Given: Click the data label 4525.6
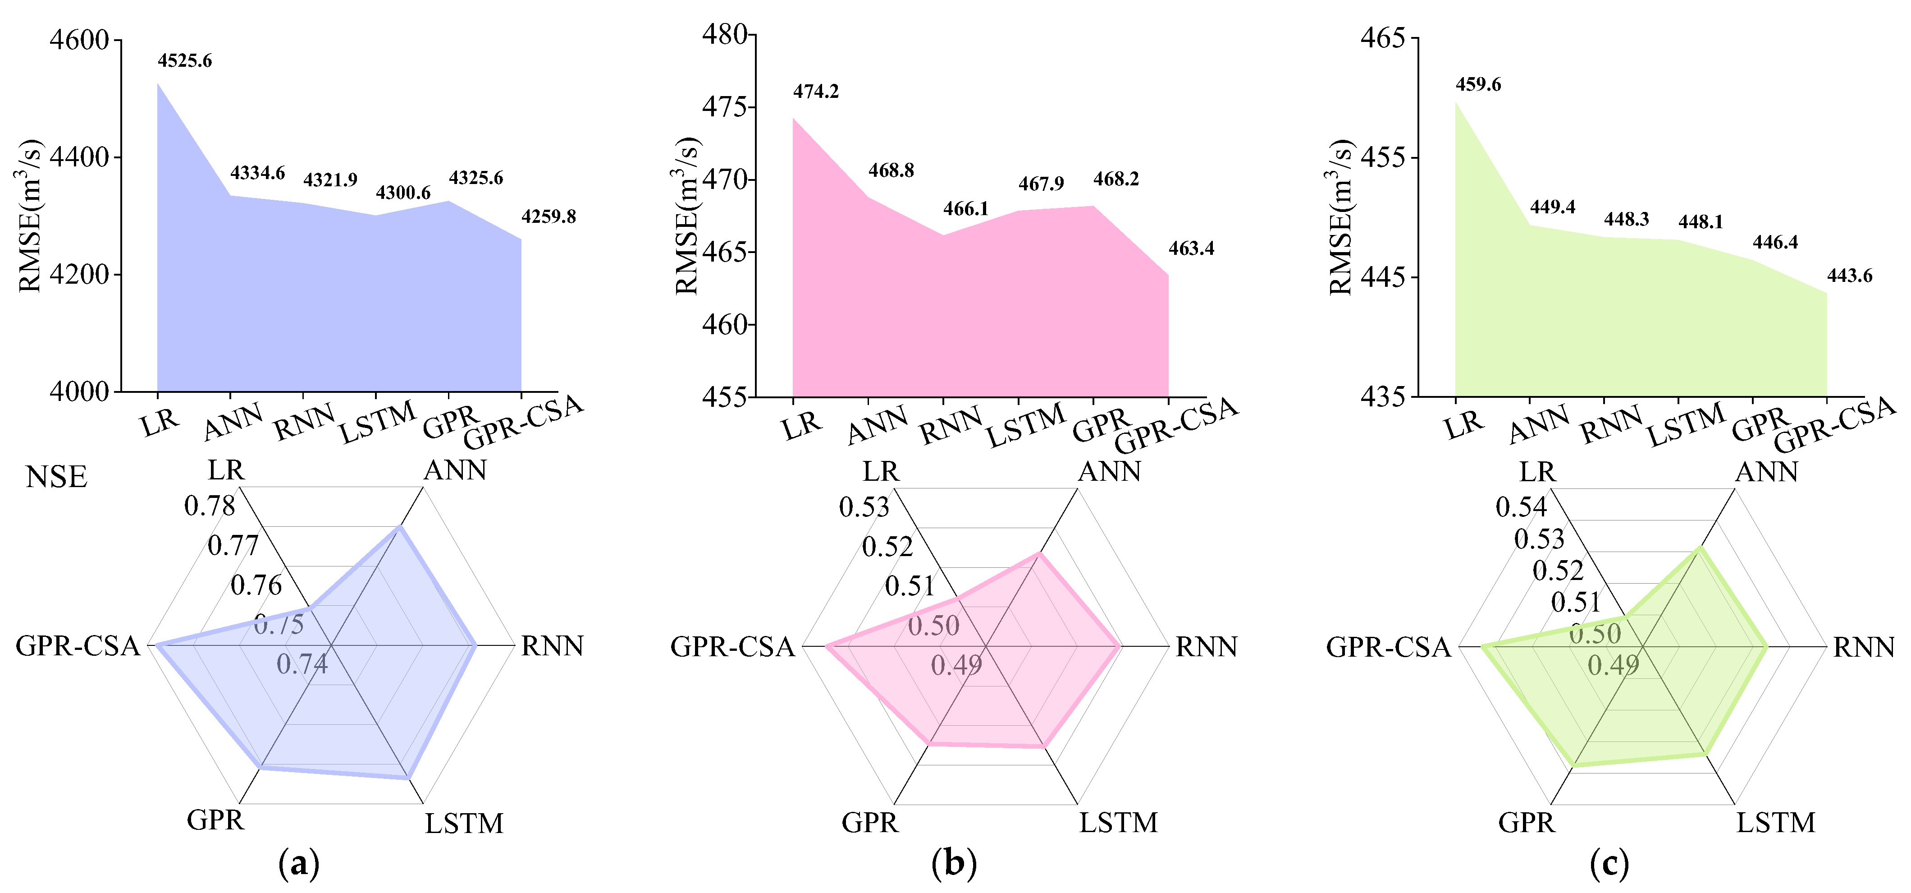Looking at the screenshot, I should coord(185,61).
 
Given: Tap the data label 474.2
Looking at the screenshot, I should coord(816,91).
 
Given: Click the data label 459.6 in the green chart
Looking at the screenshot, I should coord(1478,85).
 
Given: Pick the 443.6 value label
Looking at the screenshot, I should coord(1849,276).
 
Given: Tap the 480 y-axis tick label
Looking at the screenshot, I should coord(725,34).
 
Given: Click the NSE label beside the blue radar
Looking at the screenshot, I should coord(56,477).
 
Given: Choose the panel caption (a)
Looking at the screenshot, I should coord(299,863).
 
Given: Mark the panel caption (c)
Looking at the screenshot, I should coord(1610,863).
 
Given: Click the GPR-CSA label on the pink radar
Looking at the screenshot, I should coord(732,647).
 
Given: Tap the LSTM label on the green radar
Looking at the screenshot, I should coord(1776,823).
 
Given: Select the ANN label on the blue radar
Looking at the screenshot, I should coord(455,470).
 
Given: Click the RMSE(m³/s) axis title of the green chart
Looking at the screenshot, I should coord(1340,217).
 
